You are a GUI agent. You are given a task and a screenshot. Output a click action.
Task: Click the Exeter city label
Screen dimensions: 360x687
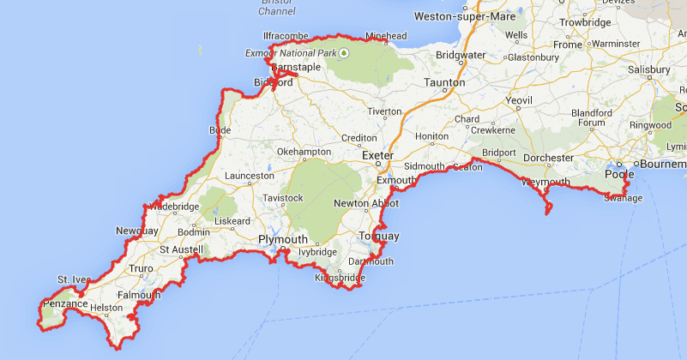tap(377, 155)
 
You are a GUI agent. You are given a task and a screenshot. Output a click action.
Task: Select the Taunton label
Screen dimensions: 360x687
tap(445, 83)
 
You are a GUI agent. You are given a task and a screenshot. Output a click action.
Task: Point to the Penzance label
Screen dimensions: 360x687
tap(64, 303)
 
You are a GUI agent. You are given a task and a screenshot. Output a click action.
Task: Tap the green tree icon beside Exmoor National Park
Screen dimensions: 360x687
tap(344, 53)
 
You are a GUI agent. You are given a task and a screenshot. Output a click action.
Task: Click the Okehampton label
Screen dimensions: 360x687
tap(304, 152)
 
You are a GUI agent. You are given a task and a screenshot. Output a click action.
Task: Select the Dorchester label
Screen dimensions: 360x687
tap(548, 158)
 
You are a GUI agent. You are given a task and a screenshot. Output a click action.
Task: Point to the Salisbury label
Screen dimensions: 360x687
tap(648, 69)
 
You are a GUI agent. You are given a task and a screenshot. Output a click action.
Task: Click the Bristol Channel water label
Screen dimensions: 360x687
tap(277, 8)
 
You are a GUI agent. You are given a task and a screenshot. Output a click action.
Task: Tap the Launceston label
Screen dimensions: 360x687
tap(249, 176)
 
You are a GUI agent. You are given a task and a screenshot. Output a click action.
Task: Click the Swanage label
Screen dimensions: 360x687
tap(623, 198)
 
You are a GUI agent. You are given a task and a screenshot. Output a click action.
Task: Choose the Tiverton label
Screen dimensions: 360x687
tap(383, 111)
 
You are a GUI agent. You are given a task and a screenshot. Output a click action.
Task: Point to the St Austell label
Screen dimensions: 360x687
tap(182, 249)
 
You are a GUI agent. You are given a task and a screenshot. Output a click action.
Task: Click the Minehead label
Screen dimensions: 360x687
tap(386, 36)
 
